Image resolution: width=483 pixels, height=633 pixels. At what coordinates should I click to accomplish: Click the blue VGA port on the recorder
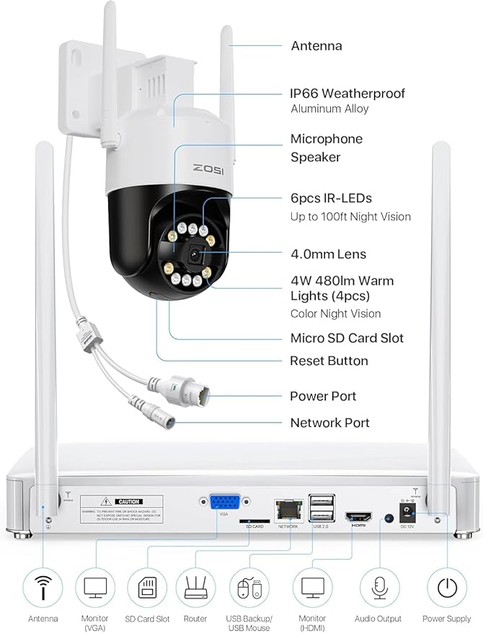(225, 502)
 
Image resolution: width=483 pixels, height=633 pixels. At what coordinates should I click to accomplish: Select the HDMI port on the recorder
(358, 516)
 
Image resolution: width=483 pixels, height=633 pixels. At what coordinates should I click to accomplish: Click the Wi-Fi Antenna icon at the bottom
(43, 588)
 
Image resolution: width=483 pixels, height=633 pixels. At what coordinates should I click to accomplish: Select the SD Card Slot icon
(147, 588)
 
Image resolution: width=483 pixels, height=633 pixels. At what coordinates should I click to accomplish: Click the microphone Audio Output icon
(379, 588)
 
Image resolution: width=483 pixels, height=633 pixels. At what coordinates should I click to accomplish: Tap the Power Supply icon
(446, 588)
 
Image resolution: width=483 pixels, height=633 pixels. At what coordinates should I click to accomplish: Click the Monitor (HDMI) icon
(313, 588)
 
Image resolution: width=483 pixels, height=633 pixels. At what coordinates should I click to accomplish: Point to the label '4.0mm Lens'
(328, 254)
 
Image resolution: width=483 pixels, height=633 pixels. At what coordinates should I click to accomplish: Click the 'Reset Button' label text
(329, 361)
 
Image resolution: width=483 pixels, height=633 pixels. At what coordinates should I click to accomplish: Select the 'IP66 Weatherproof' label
(347, 94)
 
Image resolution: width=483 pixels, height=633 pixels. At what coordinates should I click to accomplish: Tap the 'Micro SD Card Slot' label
(347, 338)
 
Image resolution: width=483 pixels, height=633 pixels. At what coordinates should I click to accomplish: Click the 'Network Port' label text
(329, 423)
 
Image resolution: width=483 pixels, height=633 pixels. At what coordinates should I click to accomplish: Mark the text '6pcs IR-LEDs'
(331, 198)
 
